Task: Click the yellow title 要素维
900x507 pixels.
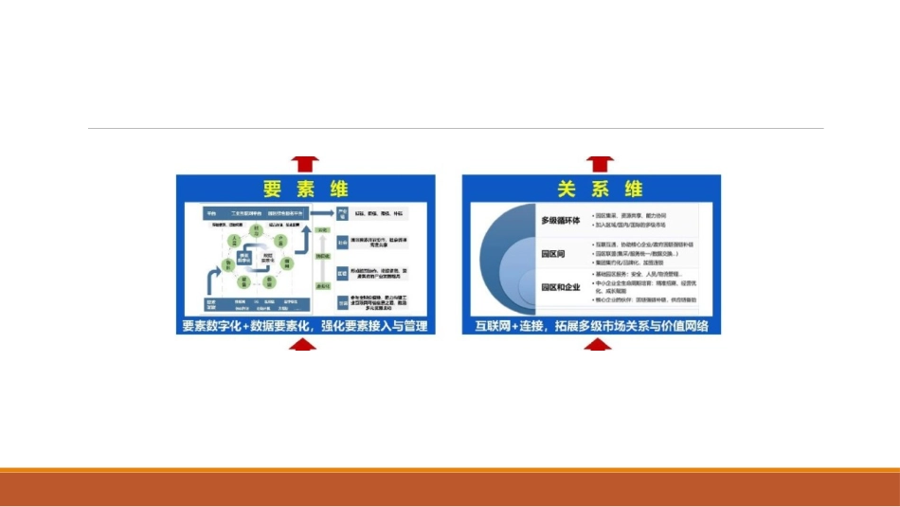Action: pos(305,188)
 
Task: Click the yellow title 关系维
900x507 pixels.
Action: pos(592,188)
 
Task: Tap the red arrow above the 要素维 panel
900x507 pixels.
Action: pos(305,163)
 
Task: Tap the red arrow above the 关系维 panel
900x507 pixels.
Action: pos(599,163)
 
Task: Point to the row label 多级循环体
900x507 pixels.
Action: pos(560,221)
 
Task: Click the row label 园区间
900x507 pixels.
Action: pos(553,254)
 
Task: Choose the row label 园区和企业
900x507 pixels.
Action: pos(560,286)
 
